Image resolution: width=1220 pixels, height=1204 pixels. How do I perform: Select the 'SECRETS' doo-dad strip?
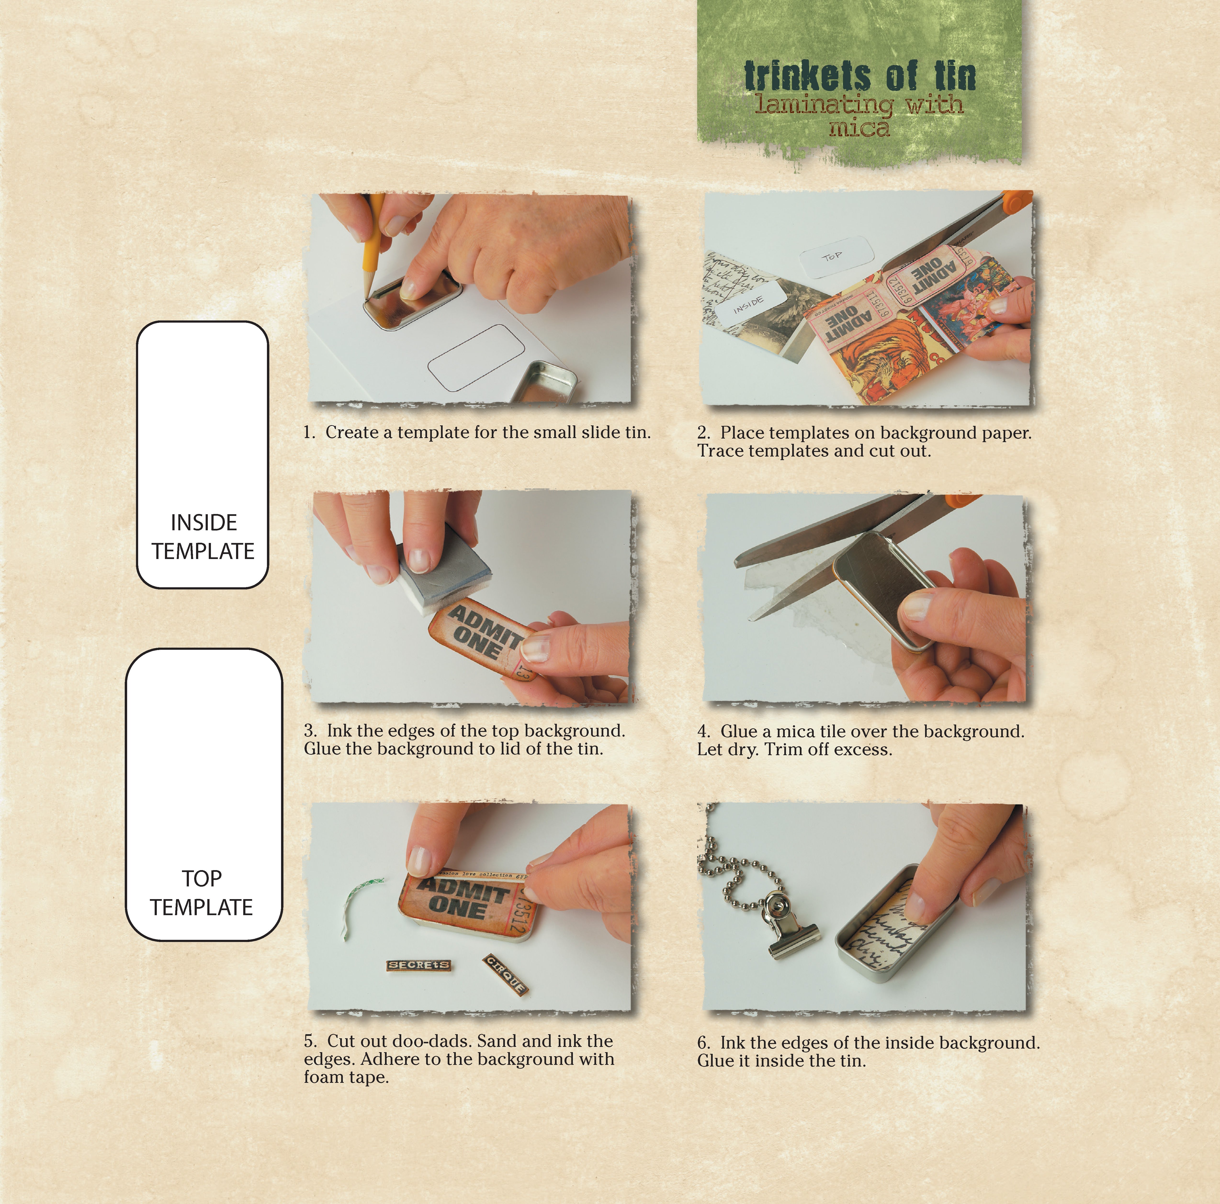pos(419,965)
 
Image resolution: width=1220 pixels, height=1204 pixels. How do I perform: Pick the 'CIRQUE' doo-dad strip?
pos(505,975)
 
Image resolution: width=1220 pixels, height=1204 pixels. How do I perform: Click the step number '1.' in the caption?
pos(309,433)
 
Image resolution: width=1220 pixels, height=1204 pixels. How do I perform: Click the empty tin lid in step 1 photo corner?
pos(544,382)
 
